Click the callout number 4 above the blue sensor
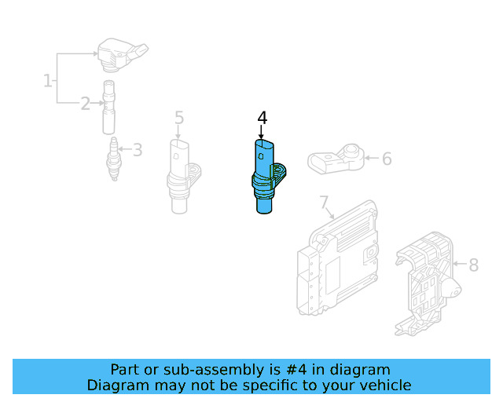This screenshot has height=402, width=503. pos(263,118)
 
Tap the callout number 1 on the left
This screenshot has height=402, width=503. pos(48,79)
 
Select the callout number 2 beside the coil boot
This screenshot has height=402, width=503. pos(86,103)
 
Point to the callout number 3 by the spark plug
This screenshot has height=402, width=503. pos(138,149)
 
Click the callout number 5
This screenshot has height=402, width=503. pos(179,118)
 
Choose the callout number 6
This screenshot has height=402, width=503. pos(387,159)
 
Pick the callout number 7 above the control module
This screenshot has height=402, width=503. pos(324,203)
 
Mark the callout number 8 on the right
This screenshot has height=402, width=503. pos(473,265)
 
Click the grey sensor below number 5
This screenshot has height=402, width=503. pos(181,177)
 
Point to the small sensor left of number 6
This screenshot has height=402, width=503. pos(336,159)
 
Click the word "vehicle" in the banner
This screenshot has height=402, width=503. pos(384,385)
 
